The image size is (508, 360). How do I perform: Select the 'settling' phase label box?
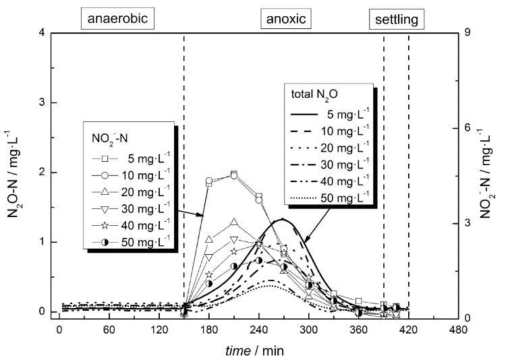coord(397,20)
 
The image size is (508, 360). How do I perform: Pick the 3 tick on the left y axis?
coord(43,102)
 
